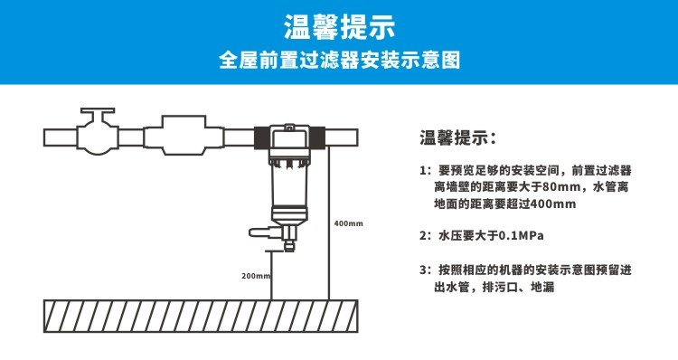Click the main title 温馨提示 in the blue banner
(x=339, y=27)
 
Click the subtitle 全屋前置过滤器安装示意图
(x=339, y=60)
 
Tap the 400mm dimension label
(x=349, y=223)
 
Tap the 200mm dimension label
(x=256, y=276)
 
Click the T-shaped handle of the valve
(x=98, y=111)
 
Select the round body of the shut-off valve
(x=98, y=138)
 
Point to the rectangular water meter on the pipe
(x=184, y=135)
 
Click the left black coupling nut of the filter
(x=262, y=138)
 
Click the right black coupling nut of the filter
(x=317, y=138)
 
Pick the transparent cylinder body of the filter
(x=289, y=187)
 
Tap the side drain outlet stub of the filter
(x=262, y=232)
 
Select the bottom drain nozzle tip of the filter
(x=289, y=247)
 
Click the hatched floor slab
(x=201, y=317)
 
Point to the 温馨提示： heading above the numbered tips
(x=458, y=138)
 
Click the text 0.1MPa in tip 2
(x=521, y=236)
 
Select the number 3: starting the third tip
(x=425, y=270)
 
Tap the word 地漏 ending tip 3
(x=542, y=287)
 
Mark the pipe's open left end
(x=44, y=138)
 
